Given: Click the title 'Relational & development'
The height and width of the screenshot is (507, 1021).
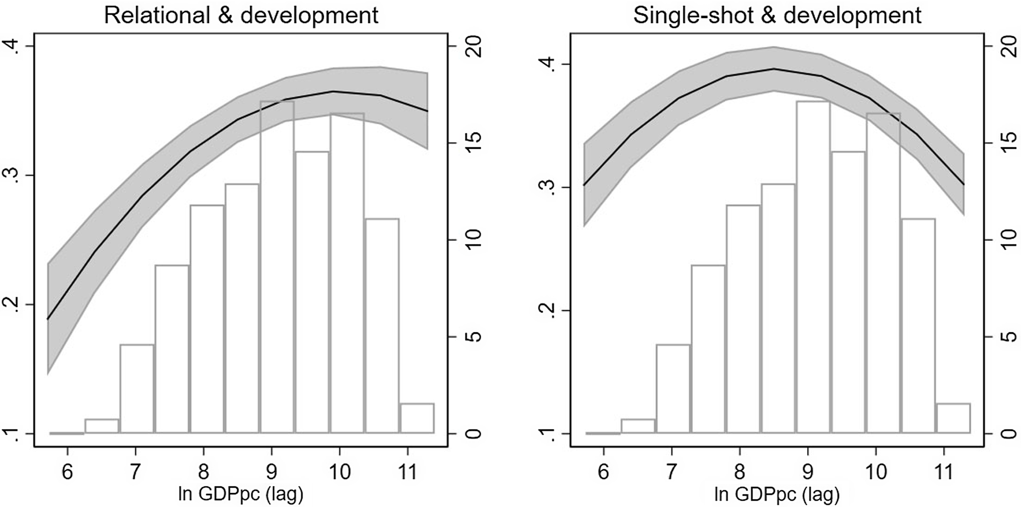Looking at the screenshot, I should pos(241,16).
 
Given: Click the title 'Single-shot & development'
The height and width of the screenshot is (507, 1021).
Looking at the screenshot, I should pos(777,16).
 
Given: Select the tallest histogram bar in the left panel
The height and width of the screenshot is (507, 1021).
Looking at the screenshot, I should pos(277,267).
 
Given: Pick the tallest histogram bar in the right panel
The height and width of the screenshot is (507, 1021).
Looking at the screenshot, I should pos(813,267).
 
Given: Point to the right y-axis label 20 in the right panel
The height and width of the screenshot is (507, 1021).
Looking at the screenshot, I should pos(1009,46).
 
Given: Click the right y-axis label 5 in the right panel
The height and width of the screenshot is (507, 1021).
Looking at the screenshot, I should pos(1009,337).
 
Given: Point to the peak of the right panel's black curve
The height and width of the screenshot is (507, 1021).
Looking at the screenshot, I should pos(774,69).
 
